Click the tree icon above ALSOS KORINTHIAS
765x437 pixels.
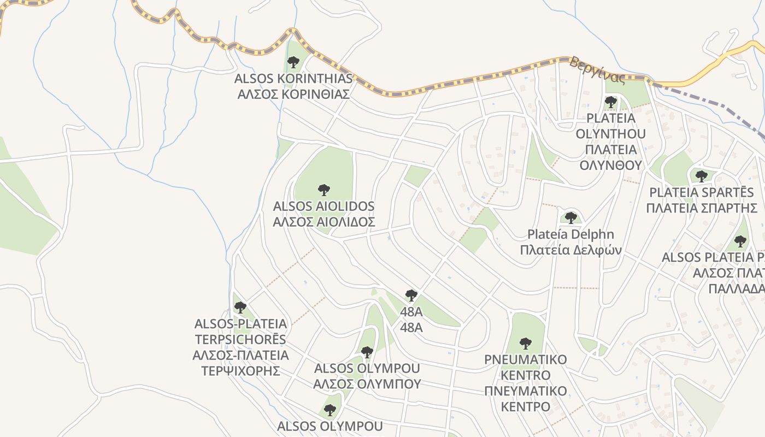tap(293, 62)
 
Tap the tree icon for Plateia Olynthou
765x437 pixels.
tap(611, 102)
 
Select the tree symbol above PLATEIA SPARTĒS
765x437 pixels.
tap(702, 176)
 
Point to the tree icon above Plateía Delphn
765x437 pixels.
tap(571, 218)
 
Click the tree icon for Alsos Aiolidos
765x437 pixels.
tap(324, 190)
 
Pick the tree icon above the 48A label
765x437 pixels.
tap(411, 296)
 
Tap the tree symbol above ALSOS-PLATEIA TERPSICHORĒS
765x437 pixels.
tap(240, 308)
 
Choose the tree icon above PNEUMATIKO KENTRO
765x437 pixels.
tap(526, 344)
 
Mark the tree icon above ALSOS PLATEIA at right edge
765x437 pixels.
tap(740, 241)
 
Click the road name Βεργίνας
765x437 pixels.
tap(597, 70)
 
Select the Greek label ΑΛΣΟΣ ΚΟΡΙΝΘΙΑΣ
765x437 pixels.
tap(293, 94)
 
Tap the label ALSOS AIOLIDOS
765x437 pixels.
tap(324, 206)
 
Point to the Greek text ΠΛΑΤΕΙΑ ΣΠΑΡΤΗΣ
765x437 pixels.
tap(702, 208)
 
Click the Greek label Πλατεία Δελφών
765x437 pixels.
tap(571, 250)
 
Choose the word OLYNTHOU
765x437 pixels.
tap(611, 134)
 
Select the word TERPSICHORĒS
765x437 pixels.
tap(240, 339)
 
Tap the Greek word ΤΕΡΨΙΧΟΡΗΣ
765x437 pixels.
tap(240, 371)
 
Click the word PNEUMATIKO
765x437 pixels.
tap(526, 359)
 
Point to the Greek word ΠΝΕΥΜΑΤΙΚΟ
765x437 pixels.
tap(526, 391)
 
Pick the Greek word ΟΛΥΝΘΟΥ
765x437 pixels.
tap(611, 165)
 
